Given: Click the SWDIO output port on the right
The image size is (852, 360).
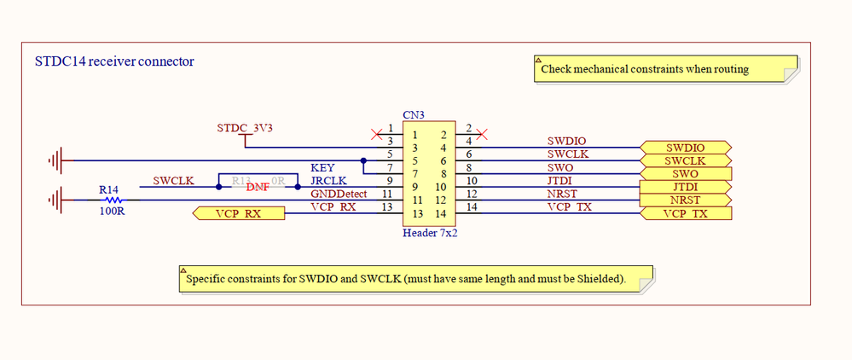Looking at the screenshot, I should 685,148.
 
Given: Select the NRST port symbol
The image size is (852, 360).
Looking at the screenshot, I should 685,200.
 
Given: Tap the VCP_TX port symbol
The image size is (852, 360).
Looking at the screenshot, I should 685,213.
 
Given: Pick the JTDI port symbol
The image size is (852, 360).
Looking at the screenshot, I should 685,187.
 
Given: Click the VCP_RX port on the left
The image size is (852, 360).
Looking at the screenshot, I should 239,213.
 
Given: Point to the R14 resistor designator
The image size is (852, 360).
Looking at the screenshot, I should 108,189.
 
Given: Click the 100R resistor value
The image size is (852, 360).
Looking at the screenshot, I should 111,212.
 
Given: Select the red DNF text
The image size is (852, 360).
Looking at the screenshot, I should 258,188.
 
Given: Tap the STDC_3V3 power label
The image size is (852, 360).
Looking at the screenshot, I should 244,128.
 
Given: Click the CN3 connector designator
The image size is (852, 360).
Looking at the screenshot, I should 414,115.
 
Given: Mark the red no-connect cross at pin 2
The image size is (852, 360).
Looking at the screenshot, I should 483,134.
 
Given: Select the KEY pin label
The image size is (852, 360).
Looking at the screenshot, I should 322,167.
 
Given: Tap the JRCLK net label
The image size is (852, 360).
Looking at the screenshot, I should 327,181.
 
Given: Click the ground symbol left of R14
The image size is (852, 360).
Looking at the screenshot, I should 58,200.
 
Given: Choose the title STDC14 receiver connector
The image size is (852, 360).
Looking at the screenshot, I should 113,61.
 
